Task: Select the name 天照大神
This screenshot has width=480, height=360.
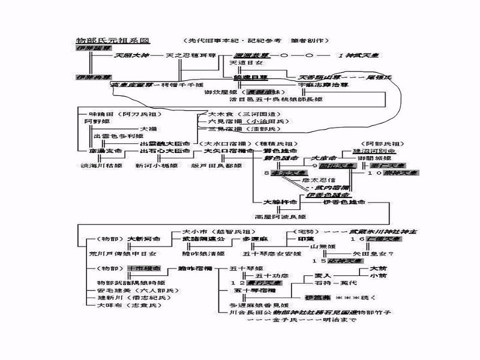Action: point(131,55)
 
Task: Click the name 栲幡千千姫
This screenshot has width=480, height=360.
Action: point(181,85)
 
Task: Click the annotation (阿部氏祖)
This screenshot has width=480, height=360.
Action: point(384,144)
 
